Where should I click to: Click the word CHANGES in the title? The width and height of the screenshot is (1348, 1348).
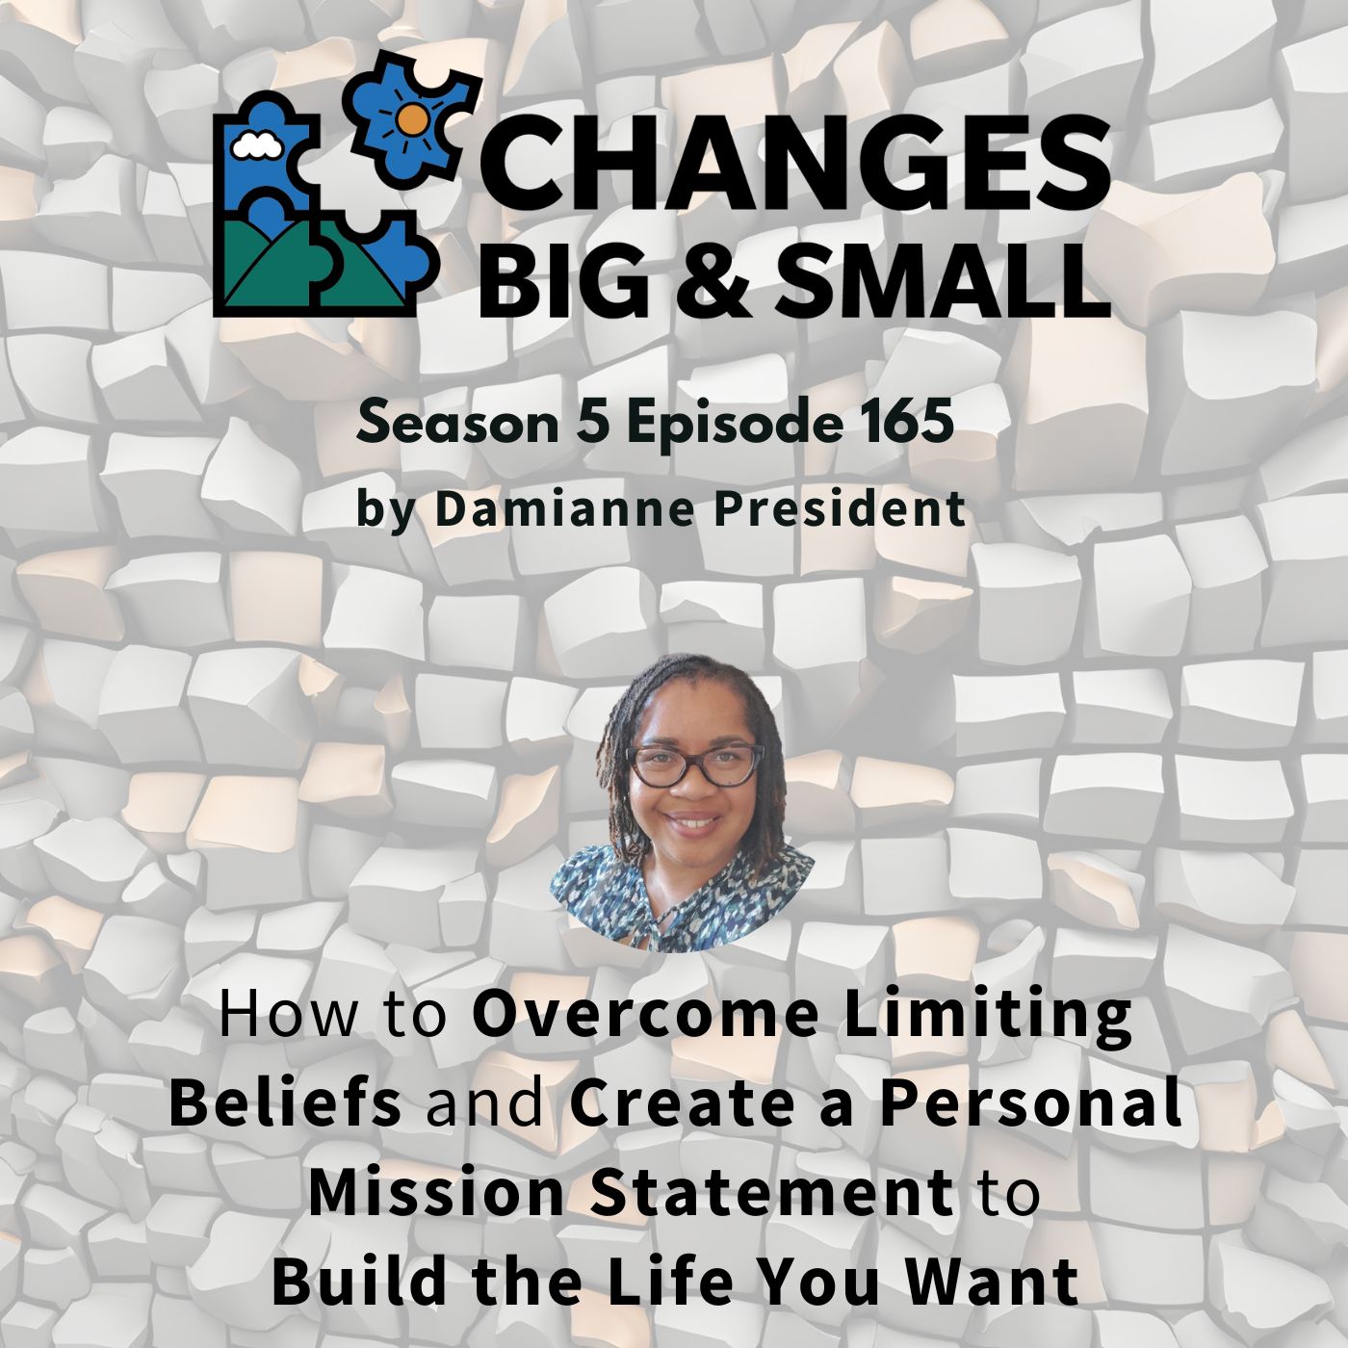799,164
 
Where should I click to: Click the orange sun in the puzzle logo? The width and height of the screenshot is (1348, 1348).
413,119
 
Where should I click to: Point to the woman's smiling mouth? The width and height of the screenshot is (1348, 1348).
692,824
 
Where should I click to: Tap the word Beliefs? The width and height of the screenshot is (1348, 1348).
285,1103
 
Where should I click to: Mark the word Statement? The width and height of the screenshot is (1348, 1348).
771,1192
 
